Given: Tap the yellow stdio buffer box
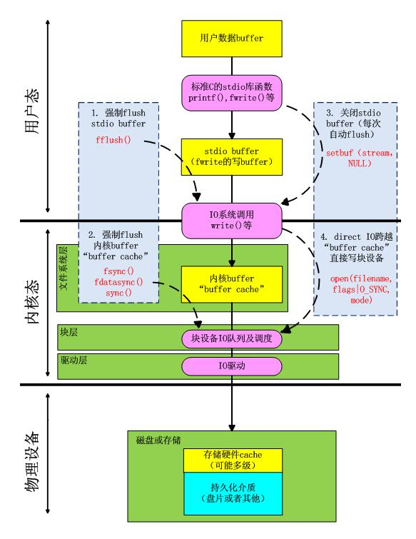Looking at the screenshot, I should pos(230,156).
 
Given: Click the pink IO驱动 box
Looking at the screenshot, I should pos(230,366).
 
